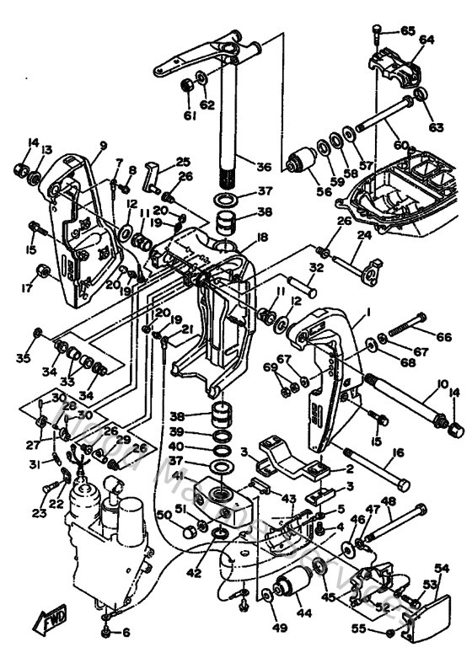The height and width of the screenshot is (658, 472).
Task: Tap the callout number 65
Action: pyautogui.click(x=408, y=31)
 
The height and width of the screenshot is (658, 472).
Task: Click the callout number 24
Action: pyautogui.click(x=364, y=237)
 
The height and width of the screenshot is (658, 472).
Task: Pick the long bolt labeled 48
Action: pyautogui.click(x=396, y=522)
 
